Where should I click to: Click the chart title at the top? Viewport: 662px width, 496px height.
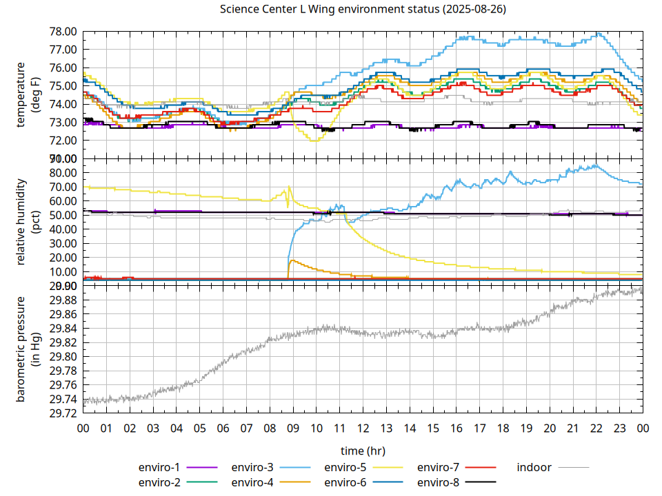(362, 10)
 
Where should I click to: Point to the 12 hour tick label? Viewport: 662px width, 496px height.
(363, 428)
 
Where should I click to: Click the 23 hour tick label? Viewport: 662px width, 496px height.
(619, 428)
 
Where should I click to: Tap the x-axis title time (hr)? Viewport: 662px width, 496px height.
(363, 451)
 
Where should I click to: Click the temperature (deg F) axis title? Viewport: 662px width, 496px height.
(27, 95)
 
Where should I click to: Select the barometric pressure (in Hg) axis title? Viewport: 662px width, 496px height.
(27, 349)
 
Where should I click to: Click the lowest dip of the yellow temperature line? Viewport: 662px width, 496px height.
(315, 141)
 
